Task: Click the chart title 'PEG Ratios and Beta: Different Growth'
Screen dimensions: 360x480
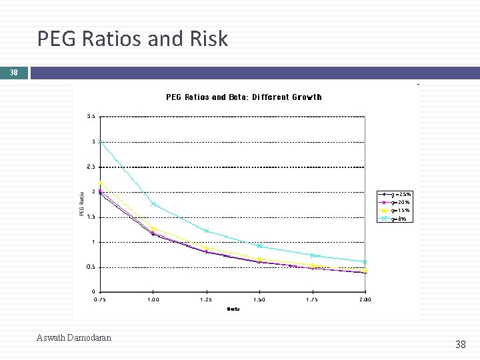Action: [243, 97]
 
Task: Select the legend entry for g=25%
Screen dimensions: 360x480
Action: [395, 194]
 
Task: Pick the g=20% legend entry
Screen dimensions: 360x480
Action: [395, 202]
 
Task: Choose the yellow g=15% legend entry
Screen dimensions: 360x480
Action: [395, 210]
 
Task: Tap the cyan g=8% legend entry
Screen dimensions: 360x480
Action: [395, 218]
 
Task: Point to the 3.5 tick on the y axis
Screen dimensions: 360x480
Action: [91, 116]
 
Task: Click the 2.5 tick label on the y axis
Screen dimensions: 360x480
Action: [91, 167]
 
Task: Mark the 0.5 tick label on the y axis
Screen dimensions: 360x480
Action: [91, 267]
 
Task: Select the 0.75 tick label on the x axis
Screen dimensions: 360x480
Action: [100, 300]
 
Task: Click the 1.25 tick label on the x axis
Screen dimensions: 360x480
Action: [206, 300]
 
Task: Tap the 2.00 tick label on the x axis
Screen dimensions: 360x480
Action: [365, 300]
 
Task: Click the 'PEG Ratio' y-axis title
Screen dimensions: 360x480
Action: [82, 203]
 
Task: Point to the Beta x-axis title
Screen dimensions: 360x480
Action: [233, 309]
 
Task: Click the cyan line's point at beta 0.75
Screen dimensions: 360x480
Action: [100, 141]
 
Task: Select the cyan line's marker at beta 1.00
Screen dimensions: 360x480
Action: [153, 204]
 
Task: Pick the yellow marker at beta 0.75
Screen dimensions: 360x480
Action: [100, 183]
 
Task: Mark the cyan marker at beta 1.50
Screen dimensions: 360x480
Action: [259, 246]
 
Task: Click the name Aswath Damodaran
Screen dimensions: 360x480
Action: [74, 337]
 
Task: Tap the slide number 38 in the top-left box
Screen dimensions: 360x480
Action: [13, 73]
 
